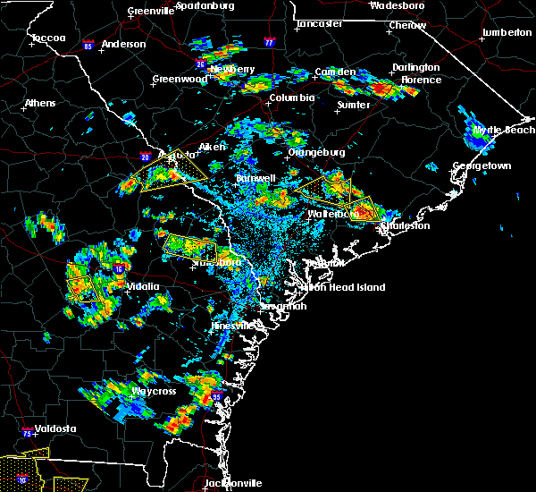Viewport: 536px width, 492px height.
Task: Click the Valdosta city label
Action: [50, 428]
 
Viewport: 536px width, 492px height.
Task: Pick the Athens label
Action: [39, 103]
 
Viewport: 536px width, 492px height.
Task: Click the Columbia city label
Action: [291, 98]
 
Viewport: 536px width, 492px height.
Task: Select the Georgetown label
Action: [482, 166]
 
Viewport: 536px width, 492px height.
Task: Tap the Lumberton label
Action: [506, 32]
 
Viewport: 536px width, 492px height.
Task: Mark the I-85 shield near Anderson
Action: [88, 43]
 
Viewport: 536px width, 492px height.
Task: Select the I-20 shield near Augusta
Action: [146, 157]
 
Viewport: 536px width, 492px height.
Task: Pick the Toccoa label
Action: [47, 38]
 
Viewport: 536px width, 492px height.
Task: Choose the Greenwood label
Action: [180, 79]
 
